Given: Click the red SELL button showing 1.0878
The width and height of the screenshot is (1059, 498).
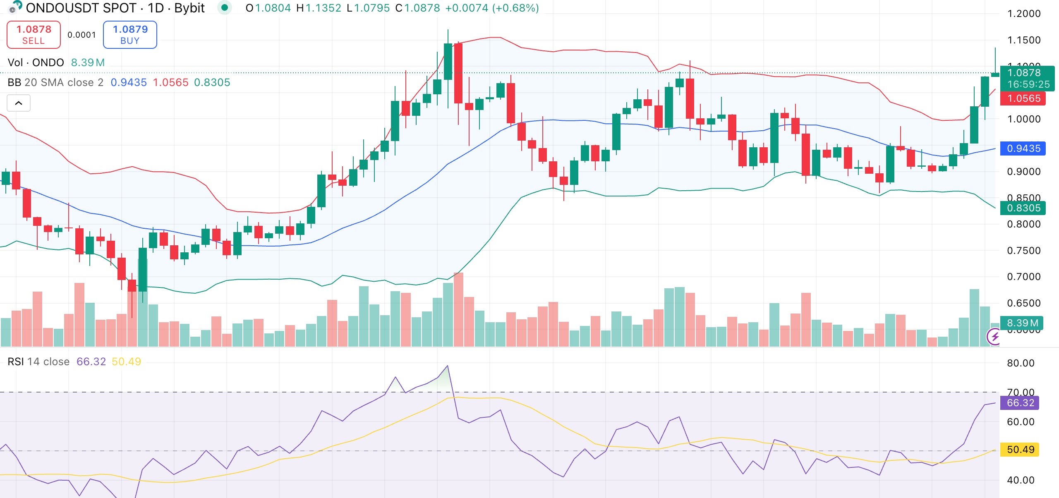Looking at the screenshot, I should (x=34, y=35).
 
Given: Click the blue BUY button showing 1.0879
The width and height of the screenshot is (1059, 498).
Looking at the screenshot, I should (x=130, y=35).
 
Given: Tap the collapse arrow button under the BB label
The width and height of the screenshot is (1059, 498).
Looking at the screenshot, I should (x=19, y=103).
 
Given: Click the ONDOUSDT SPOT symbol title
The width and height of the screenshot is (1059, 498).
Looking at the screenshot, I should (x=81, y=8).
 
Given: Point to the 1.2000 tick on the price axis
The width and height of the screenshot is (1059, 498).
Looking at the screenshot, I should (x=1023, y=14).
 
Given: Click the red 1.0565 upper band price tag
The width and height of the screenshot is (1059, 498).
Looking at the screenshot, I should (x=1023, y=98).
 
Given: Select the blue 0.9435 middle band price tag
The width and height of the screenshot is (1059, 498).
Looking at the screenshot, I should (x=1023, y=148).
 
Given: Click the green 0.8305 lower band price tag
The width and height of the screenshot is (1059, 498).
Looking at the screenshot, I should (x=1023, y=208).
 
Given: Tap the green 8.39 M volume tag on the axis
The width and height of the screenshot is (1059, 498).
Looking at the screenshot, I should (x=1022, y=323).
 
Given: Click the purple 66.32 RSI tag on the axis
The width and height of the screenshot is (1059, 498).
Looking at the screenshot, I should (x=1020, y=403).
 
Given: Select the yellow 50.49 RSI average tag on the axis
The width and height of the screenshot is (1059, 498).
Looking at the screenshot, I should (x=1020, y=450).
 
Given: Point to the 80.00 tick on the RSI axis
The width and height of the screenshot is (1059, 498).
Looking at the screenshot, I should (x=1020, y=363).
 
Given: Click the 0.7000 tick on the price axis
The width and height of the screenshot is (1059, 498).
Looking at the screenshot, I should (x=1023, y=277).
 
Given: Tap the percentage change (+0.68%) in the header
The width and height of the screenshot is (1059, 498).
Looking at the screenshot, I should (x=515, y=8).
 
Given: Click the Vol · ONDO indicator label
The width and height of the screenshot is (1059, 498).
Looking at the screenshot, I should (x=36, y=62).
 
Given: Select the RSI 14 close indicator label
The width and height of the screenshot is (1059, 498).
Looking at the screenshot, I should (x=38, y=362).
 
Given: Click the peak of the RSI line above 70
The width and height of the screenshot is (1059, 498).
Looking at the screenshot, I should (x=447, y=366).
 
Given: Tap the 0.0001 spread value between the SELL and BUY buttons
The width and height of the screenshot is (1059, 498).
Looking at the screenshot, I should (x=81, y=35).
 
